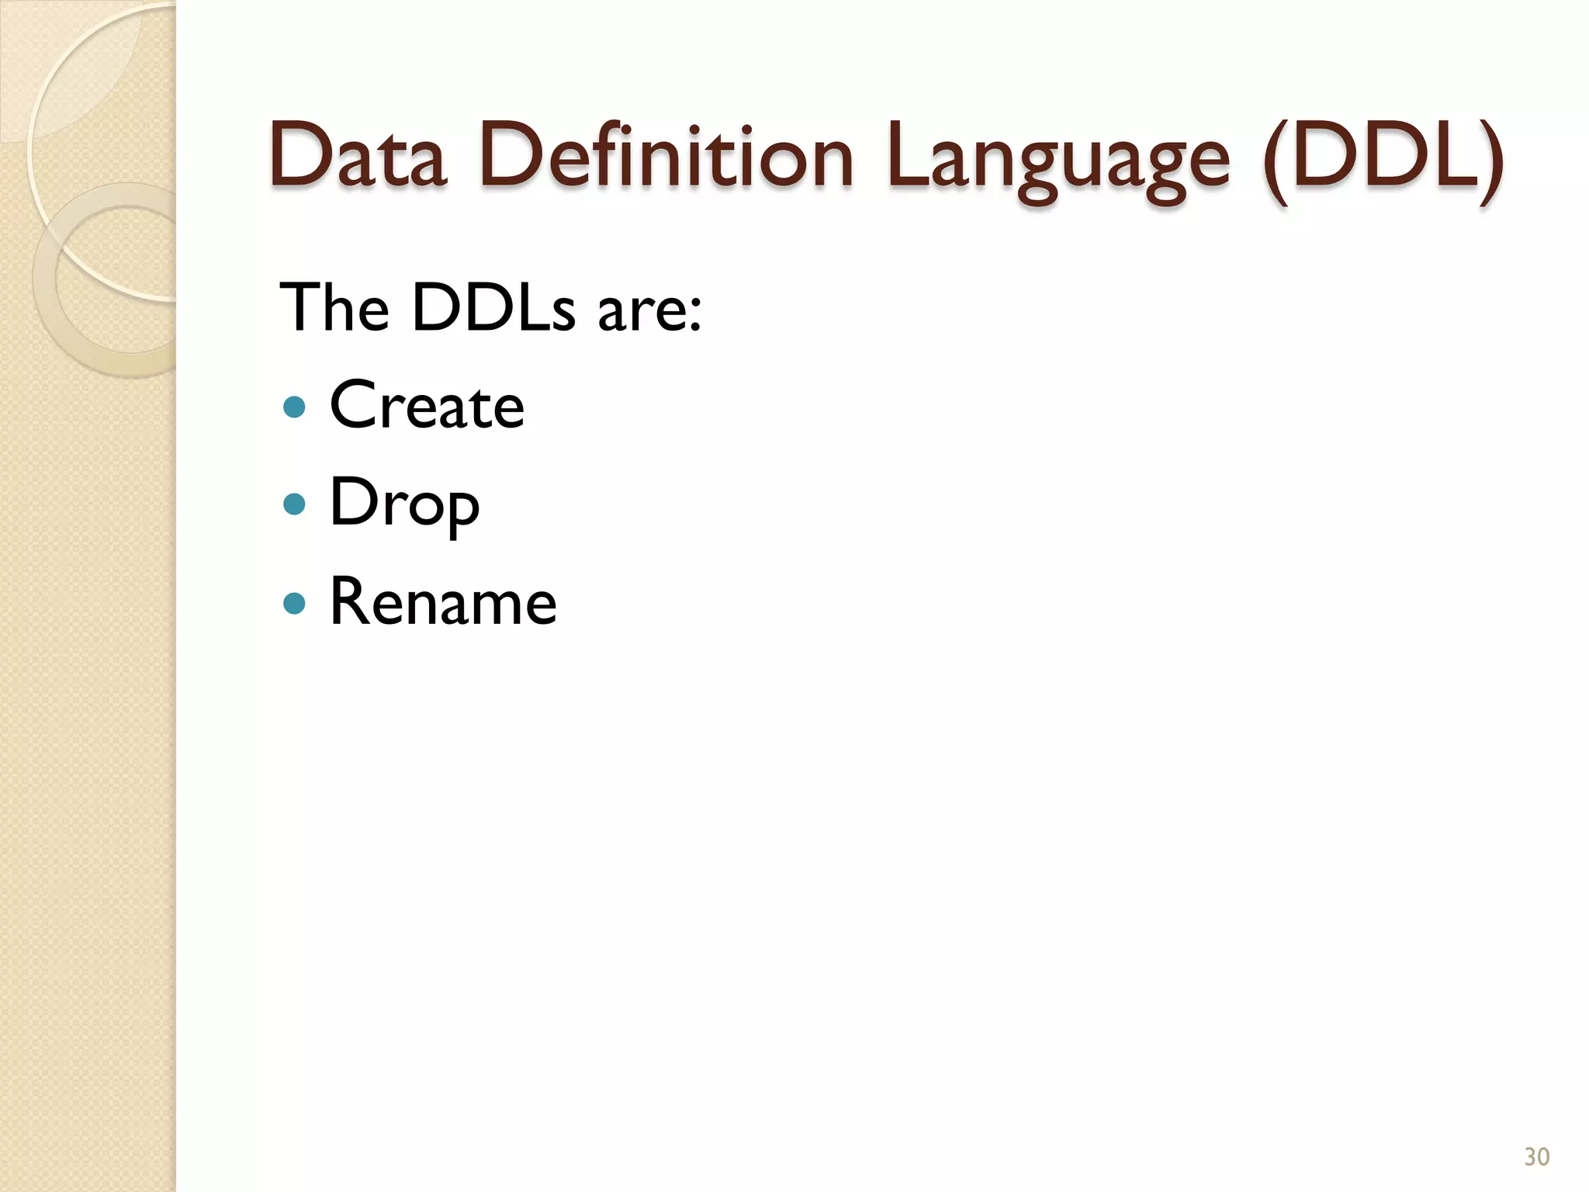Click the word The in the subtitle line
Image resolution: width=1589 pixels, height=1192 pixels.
334,308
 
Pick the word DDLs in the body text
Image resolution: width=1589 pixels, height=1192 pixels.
493,308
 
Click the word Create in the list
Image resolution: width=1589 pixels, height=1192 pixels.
427,405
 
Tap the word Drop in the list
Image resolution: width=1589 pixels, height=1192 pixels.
404,504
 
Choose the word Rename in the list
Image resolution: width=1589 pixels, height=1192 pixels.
443,602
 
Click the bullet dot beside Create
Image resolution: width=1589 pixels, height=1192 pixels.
294,407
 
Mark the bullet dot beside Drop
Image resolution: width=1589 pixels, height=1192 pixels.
294,505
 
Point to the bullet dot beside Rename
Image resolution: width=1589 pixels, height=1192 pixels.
294,603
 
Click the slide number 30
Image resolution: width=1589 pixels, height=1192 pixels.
1536,1156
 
